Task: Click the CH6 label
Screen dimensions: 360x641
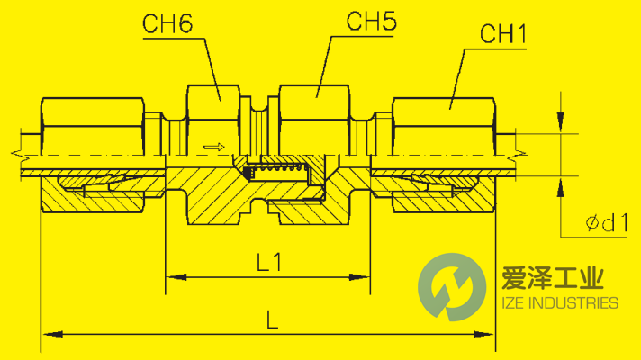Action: tap(168, 24)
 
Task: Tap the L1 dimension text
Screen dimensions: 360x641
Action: tap(269, 263)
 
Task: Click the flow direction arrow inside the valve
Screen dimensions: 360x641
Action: tap(212, 146)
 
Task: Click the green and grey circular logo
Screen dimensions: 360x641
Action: tap(447, 287)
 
